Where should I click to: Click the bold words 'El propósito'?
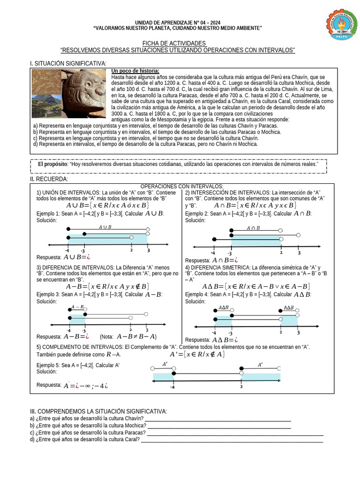52,165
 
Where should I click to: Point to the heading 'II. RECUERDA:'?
49,179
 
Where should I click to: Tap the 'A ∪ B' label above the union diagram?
105,227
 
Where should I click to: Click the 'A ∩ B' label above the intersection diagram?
253,228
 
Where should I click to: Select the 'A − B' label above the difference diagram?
78,307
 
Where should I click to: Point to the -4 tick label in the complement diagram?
172,387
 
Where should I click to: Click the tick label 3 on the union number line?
148,252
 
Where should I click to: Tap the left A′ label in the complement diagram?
165,364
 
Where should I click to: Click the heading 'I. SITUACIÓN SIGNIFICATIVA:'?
68,63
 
